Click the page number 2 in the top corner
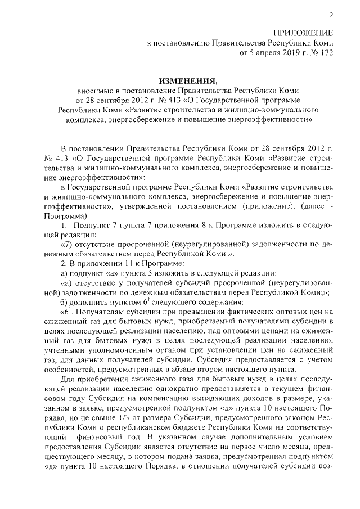[331, 15]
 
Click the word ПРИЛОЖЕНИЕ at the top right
[304, 33]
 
